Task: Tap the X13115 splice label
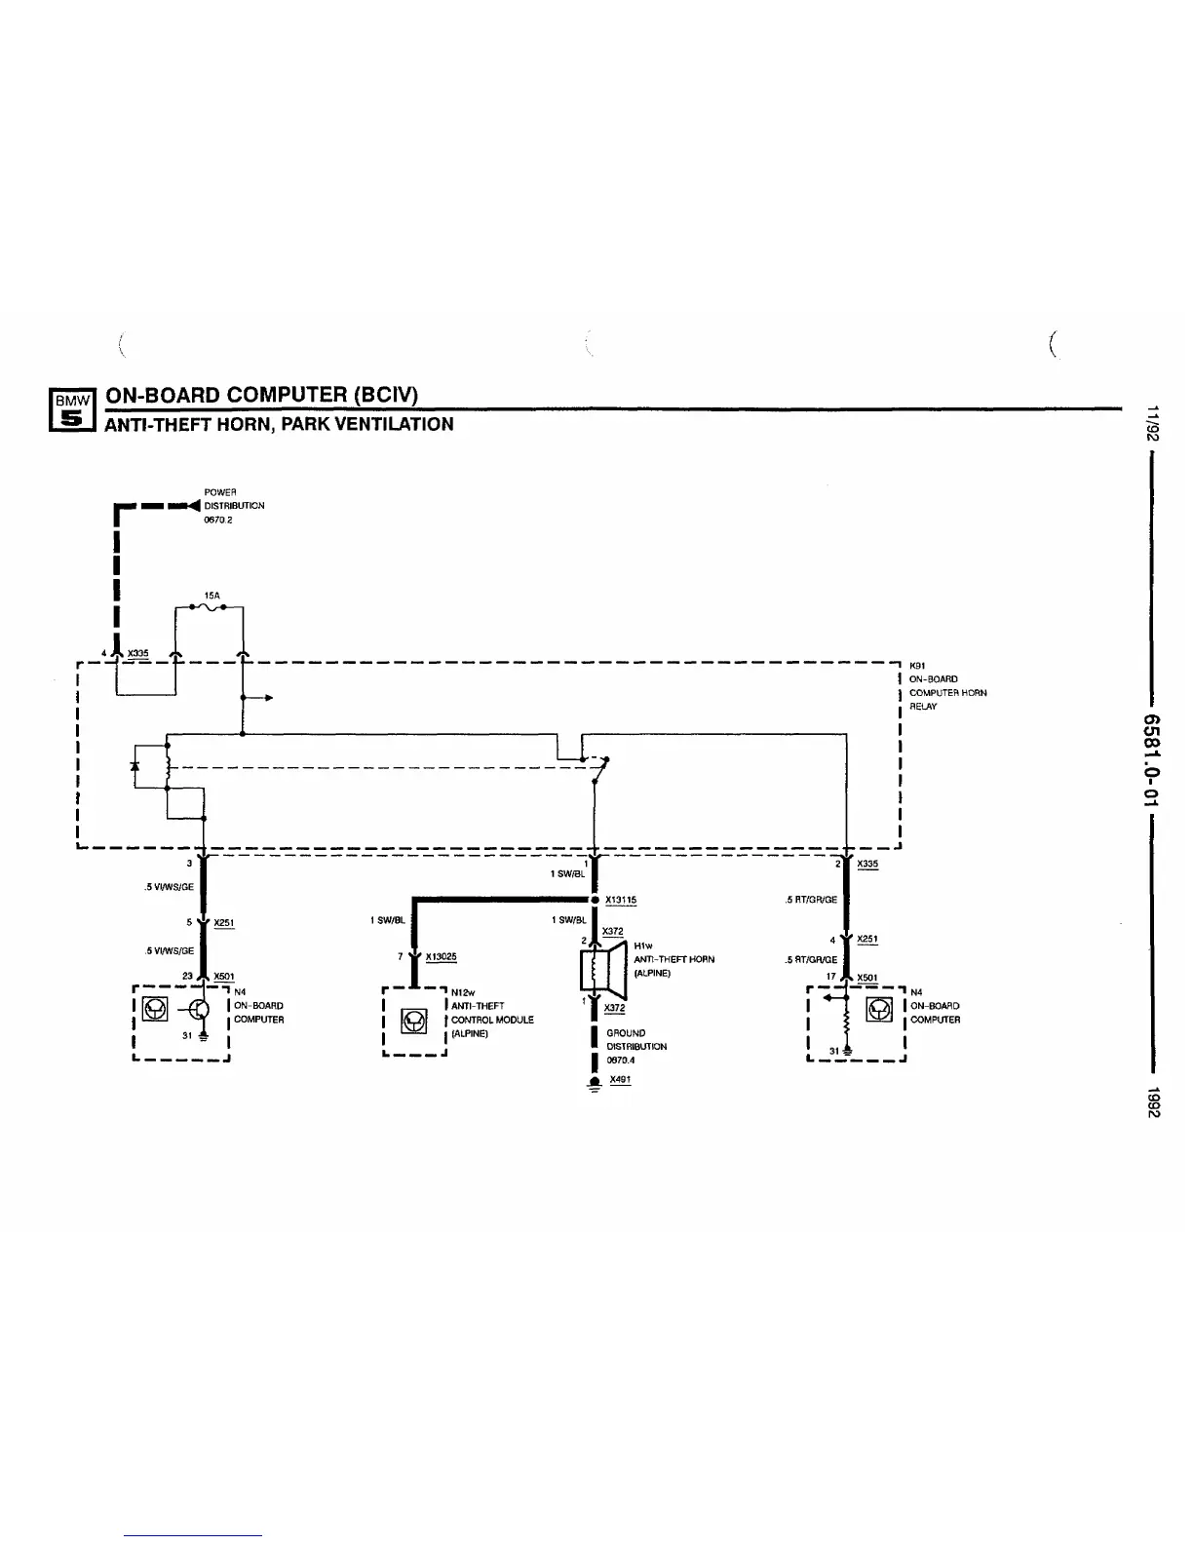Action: [x=621, y=900]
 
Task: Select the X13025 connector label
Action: [x=441, y=957]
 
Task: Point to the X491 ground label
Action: [x=620, y=1080]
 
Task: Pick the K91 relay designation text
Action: [x=916, y=666]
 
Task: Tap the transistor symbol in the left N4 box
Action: [x=201, y=1011]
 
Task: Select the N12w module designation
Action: [x=463, y=993]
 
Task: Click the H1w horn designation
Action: [x=643, y=946]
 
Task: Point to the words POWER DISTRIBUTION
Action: [x=233, y=499]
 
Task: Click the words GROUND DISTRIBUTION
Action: [x=636, y=1039]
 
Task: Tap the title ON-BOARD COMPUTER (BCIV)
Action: [x=261, y=395]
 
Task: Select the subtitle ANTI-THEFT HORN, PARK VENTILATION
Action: [x=279, y=425]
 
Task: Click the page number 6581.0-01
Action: [x=1152, y=755]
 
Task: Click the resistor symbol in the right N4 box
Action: [x=847, y=1020]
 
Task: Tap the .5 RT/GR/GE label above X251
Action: [x=811, y=900]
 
